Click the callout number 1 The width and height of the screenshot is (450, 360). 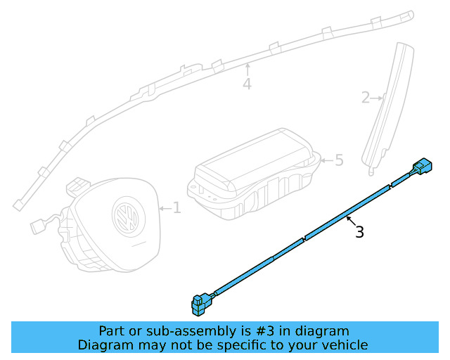coord(176,208)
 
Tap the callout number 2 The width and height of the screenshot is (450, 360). coord(366,98)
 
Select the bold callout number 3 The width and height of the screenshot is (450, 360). coord(359,232)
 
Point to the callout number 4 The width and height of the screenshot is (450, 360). coord(247,84)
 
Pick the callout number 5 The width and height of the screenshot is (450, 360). coord(339,161)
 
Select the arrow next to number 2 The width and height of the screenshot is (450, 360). coord(378,98)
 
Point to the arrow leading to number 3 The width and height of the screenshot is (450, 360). coord(349,221)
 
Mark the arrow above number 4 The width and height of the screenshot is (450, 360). coord(247,70)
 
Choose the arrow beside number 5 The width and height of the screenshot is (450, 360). coord(326,161)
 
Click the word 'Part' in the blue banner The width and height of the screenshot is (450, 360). coord(112,331)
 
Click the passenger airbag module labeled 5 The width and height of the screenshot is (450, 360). coord(253,176)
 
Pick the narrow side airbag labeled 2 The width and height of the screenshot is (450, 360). coord(388,105)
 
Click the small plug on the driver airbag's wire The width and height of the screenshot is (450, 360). coord(37,227)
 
